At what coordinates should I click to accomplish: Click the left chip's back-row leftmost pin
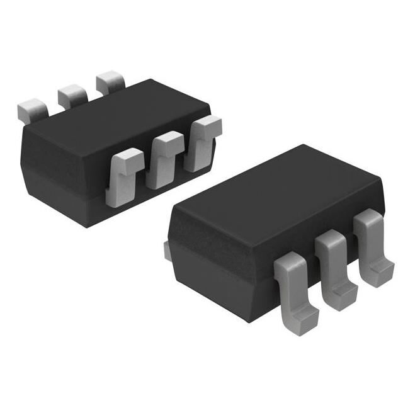(x=32, y=110)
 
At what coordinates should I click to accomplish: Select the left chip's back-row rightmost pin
(x=110, y=82)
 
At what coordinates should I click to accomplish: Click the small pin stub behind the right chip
(x=167, y=250)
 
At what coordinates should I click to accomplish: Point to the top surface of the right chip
(x=277, y=189)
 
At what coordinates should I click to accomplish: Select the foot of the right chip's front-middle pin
(x=343, y=290)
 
